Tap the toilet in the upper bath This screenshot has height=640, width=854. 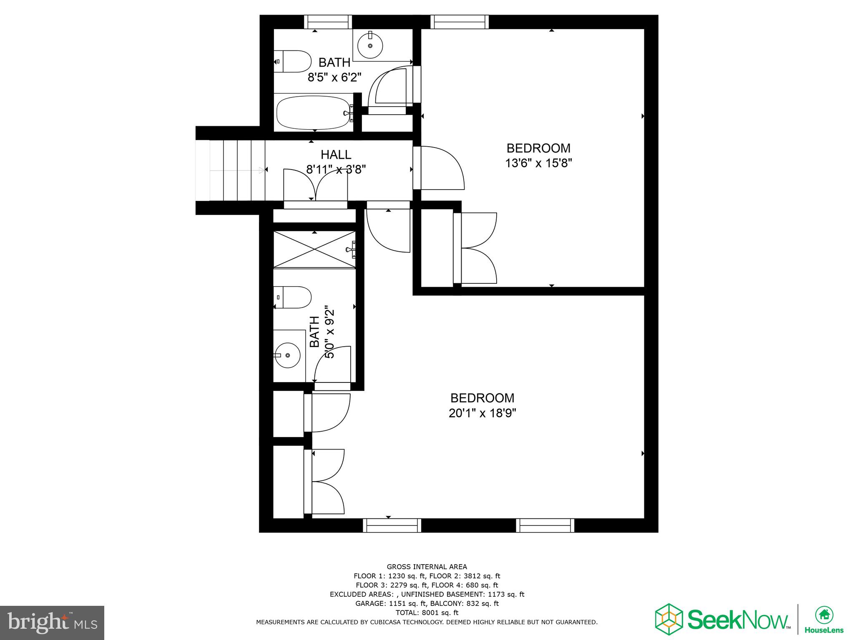pos(294,62)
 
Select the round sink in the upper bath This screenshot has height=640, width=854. pos(370,45)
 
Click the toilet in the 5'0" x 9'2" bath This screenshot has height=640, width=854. pos(293,297)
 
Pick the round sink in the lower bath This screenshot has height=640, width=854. pos(288,355)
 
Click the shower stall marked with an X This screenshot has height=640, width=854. pos(314,250)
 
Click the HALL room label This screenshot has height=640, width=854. pos(336,155)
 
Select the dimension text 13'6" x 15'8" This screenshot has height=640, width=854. pos(538,163)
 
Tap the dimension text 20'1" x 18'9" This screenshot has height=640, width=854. pos(482,413)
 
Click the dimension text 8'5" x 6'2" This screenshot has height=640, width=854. pos(334,77)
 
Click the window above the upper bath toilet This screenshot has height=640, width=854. pos(328,22)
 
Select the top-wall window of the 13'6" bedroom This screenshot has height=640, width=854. pos(459,22)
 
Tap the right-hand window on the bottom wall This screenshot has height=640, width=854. pos(545,525)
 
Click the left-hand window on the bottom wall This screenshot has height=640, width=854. pos(392,525)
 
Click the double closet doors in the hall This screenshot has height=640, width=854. pos(316,186)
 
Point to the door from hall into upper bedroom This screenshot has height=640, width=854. pos(438,167)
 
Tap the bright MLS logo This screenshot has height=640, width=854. pos(52,623)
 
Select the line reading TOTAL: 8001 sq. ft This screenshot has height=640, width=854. pos(427,612)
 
